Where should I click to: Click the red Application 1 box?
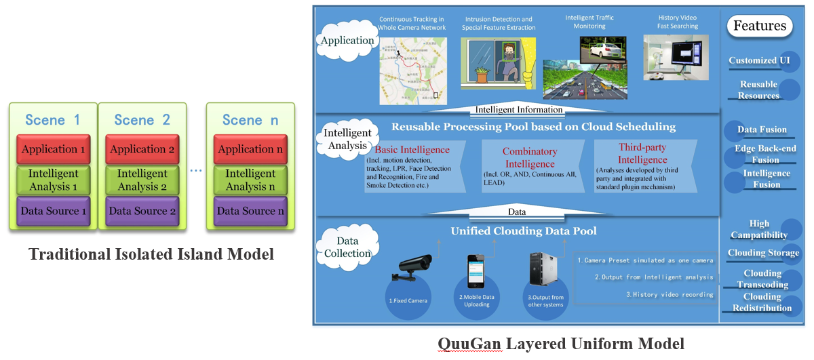pyautogui.click(x=54, y=149)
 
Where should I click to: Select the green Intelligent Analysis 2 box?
pyautogui.click(x=142, y=180)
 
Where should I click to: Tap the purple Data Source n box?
pyautogui.click(x=250, y=212)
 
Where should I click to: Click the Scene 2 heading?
pyautogui.click(x=142, y=120)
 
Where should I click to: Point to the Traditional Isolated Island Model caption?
pyautogui.click(x=151, y=254)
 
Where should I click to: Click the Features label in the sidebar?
pyautogui.click(x=759, y=26)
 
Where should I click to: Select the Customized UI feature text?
pyautogui.click(x=754, y=60)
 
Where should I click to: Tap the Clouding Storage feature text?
pyautogui.click(x=763, y=253)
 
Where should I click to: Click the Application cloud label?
pyautogui.click(x=347, y=41)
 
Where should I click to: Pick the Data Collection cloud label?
pyautogui.click(x=348, y=247)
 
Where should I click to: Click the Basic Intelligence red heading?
pyautogui.click(x=412, y=150)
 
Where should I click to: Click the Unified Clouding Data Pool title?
pyautogui.click(x=524, y=231)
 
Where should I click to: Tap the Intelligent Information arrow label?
pyautogui.click(x=518, y=109)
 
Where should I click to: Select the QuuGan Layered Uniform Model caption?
pyautogui.click(x=560, y=344)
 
